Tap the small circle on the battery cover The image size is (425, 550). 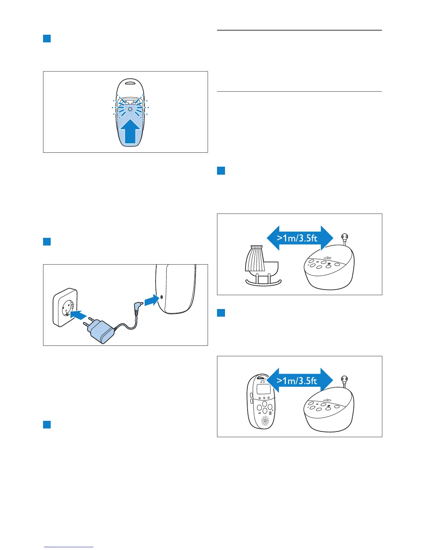(130, 109)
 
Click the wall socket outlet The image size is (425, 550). (65, 307)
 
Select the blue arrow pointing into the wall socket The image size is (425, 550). (78, 315)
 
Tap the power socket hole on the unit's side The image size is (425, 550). (162, 297)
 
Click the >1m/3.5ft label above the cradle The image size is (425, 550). (297, 238)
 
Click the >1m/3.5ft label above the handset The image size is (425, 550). (297, 381)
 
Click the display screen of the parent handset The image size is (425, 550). (263, 389)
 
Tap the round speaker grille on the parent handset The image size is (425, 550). (265, 421)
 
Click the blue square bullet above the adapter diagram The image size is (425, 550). (47, 241)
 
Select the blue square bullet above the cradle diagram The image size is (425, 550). (221, 170)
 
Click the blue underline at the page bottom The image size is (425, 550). (69, 547)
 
